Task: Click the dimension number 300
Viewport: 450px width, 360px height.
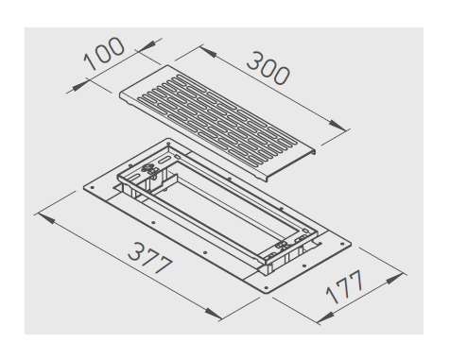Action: pos(268,65)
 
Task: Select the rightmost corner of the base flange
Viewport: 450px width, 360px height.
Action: pos(344,245)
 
